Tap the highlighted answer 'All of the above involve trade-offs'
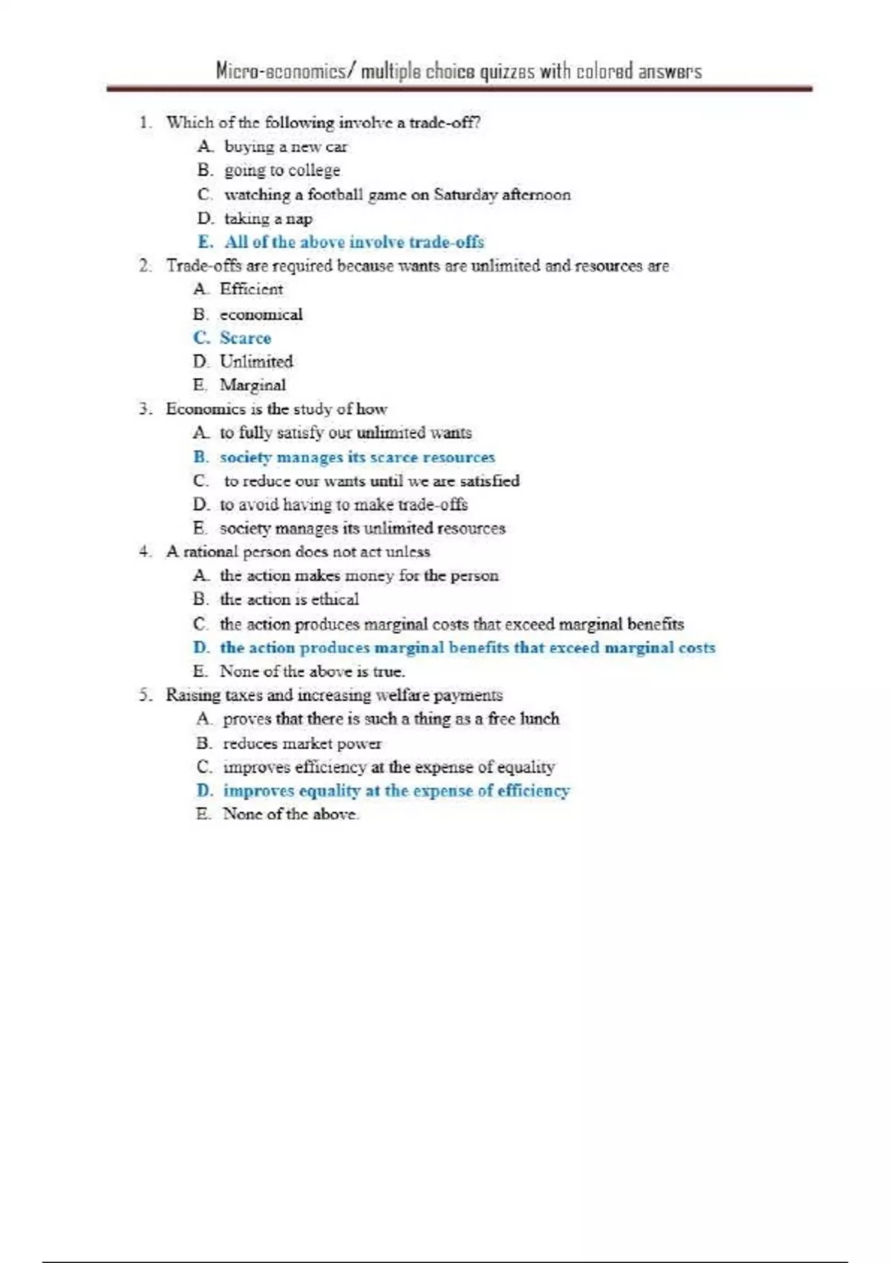[354, 242]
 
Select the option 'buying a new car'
[286, 147]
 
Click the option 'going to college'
[282, 171]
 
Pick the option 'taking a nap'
[268, 218]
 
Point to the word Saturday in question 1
[466, 195]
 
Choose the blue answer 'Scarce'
[246, 338]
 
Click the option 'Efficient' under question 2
[252, 289]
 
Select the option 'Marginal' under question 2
[252, 385]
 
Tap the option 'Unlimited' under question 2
[256, 362]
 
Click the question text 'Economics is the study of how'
[276, 409]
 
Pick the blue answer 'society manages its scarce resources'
[357, 457]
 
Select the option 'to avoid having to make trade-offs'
[344, 504]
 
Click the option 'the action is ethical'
[289, 600]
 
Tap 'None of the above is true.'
[312, 672]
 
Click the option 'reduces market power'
[302, 744]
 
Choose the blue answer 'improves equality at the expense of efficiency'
[396, 790]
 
